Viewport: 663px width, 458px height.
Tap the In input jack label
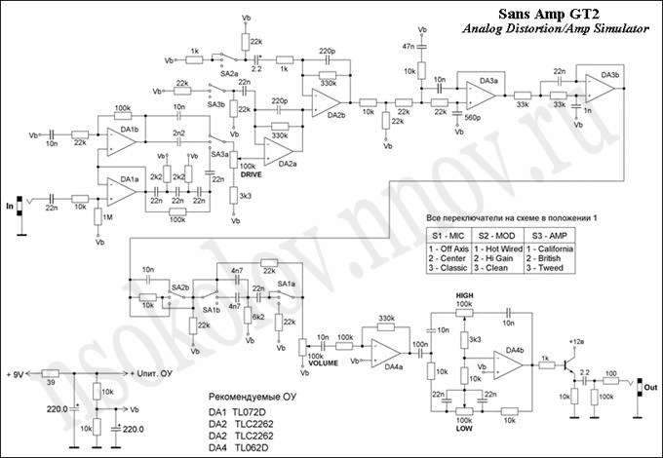[x=11, y=207]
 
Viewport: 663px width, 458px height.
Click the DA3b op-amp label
[x=611, y=75]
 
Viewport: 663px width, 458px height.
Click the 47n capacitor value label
[x=407, y=46]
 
